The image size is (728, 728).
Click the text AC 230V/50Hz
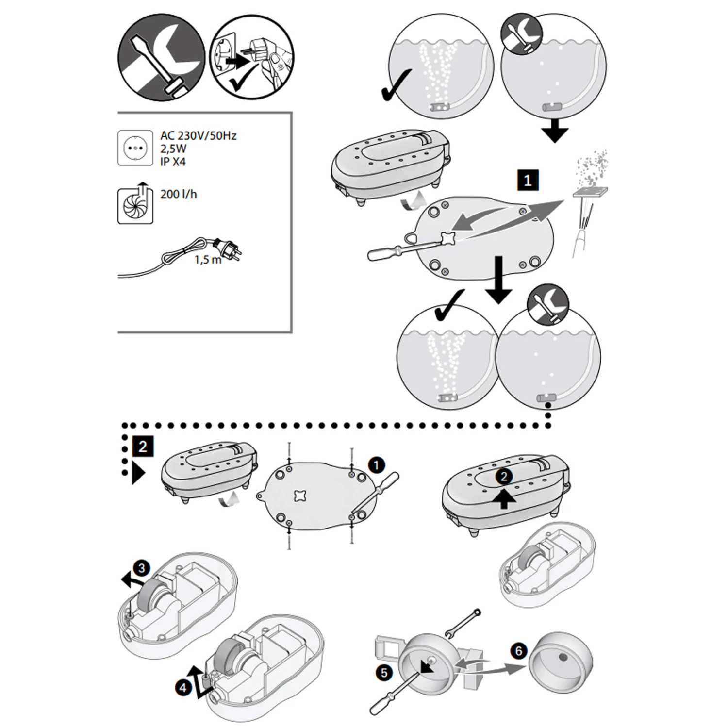click(x=198, y=135)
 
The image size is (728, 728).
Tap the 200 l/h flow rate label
click(x=179, y=194)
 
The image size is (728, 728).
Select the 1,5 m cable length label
click(x=208, y=260)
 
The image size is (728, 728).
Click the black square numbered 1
click(x=528, y=181)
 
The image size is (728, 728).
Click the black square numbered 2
click(x=142, y=446)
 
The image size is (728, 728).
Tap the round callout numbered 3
click(x=141, y=568)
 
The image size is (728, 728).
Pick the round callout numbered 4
click(x=183, y=688)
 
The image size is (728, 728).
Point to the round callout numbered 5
click(x=384, y=673)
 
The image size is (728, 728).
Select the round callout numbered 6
click(x=519, y=650)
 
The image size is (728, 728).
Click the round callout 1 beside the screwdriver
click(x=376, y=465)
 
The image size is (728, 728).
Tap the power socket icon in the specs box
click(x=135, y=148)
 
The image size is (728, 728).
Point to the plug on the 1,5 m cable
click(x=228, y=247)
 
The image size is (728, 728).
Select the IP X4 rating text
click(x=173, y=162)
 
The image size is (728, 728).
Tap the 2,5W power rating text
click(x=173, y=149)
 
